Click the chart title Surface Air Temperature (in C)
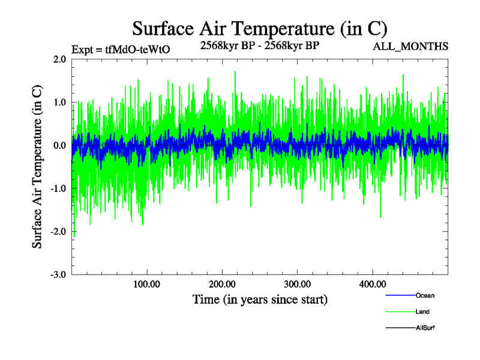pyautogui.click(x=259, y=28)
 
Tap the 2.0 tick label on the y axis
pyautogui.click(x=59, y=59)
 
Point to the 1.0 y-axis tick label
pyautogui.click(x=59, y=103)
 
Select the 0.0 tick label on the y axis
pyautogui.click(x=59, y=146)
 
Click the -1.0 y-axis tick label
pyautogui.click(x=58, y=189)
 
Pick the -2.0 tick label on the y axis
pyautogui.click(x=58, y=232)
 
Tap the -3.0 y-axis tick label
pyautogui.click(x=58, y=275)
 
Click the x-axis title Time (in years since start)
pyautogui.click(x=260, y=299)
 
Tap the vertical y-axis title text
pyautogui.click(x=38, y=167)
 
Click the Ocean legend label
pyautogui.click(x=425, y=296)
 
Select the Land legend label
pyautogui.click(x=422, y=312)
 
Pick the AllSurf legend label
pyautogui.click(x=425, y=328)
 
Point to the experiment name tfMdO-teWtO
pyautogui.click(x=137, y=50)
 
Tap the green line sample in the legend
pyautogui.click(x=400, y=312)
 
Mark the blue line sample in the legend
pyautogui.click(x=400, y=296)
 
